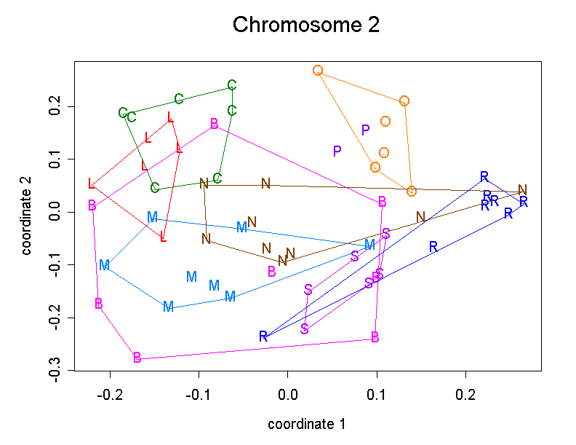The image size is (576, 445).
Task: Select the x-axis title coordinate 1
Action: coord(306,424)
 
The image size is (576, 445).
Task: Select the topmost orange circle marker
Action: coord(318,71)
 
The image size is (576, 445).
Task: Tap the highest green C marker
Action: coord(231,85)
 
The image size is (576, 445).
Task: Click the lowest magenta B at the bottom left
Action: coord(137,357)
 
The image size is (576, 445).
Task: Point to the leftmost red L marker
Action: coord(91,184)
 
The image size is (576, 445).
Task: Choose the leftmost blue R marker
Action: coord(263,336)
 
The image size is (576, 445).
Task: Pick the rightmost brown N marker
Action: coord(522,190)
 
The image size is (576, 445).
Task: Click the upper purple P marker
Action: coord(366,130)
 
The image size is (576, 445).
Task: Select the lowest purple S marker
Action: coord(304,328)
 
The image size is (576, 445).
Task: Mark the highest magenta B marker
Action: coord(214,124)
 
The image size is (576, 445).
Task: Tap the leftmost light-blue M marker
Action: coord(104,265)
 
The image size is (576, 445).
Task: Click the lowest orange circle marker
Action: coord(412,192)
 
